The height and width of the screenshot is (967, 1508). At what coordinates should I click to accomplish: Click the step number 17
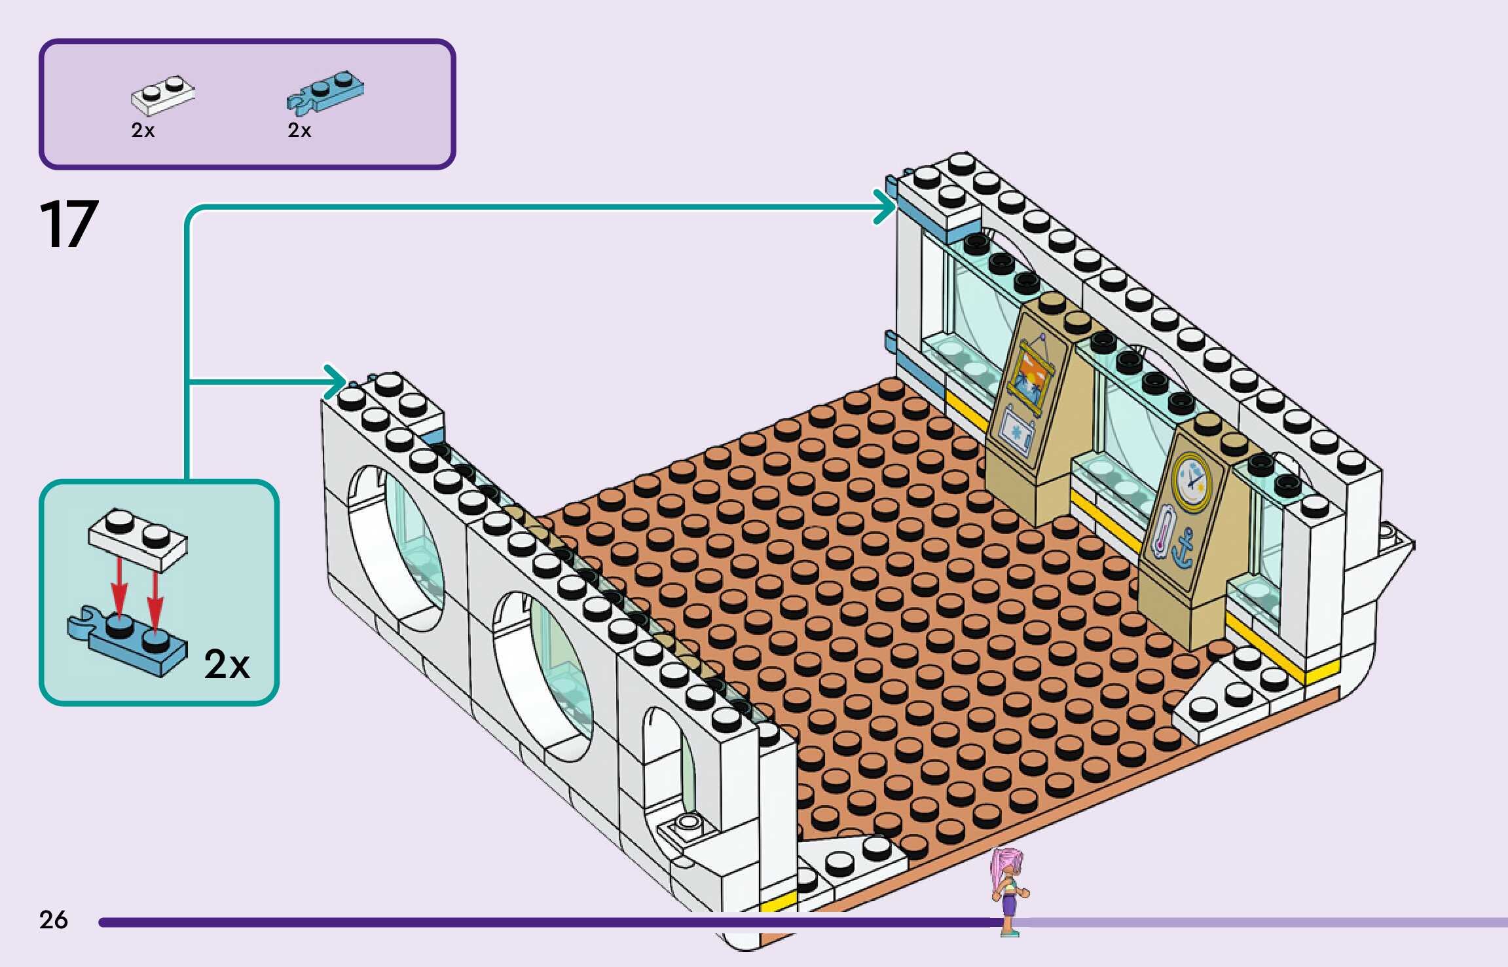(69, 225)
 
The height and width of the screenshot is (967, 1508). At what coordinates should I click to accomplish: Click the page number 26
(53, 920)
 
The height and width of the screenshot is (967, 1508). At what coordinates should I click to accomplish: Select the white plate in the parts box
(162, 96)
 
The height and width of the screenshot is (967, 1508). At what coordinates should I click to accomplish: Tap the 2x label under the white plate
(143, 130)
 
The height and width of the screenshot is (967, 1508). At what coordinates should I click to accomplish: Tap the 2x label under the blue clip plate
(299, 130)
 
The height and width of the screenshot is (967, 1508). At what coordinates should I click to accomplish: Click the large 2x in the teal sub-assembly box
(227, 664)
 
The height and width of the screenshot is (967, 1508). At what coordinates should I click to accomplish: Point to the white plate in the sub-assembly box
(138, 539)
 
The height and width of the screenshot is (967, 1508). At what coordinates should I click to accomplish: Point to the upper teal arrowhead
(886, 206)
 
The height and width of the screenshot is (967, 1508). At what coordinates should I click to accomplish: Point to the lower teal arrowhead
(337, 381)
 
